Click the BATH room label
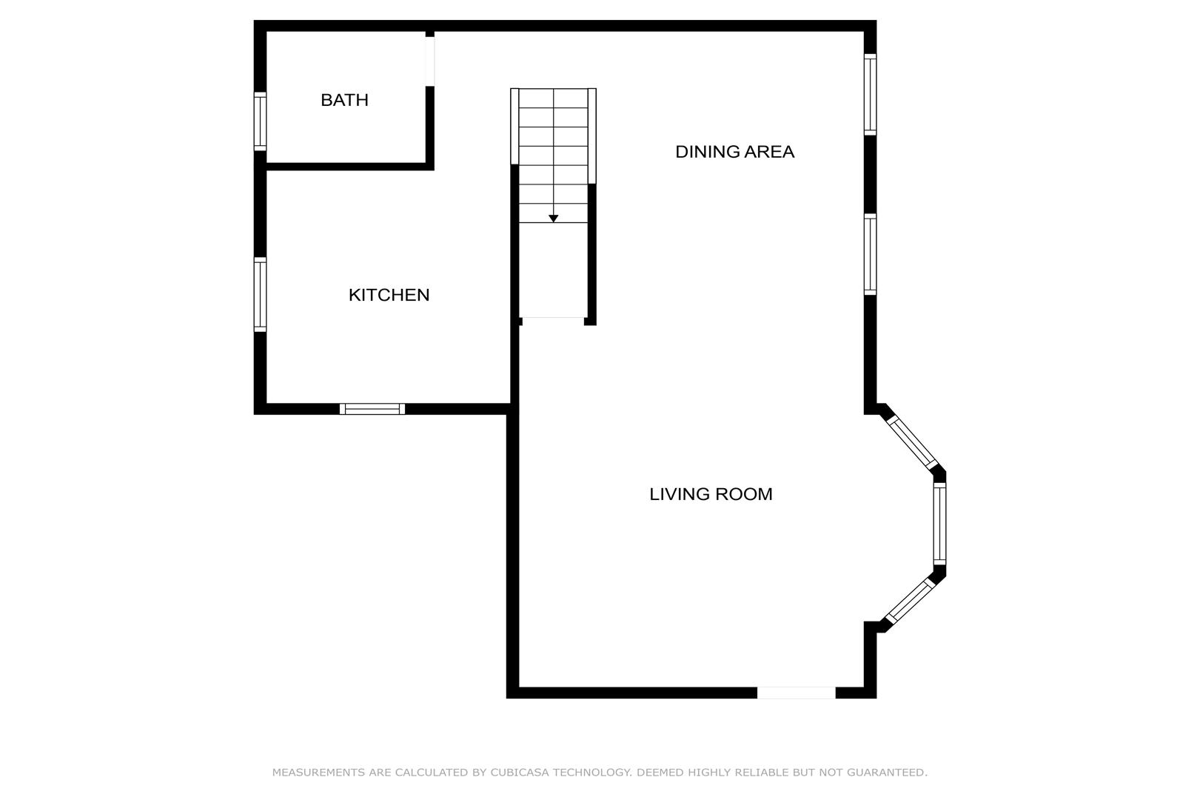344,100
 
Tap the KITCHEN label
389,295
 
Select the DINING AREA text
734,152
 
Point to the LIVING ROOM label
711,494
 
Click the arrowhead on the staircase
554,219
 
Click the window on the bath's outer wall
260,121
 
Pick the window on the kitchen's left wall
260,295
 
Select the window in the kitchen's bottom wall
372,409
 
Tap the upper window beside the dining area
871,94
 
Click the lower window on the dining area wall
871,254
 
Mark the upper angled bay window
912,442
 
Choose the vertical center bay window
939,524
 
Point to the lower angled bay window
911,601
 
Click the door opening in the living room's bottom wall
796,693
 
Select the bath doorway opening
429,61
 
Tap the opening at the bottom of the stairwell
553,321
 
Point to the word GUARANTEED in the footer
887,773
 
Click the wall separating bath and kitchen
350,167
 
